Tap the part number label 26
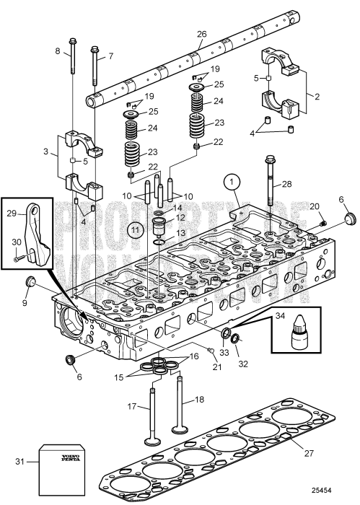pyautogui.click(x=201, y=34)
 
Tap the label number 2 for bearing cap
pyautogui.click(x=319, y=95)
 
